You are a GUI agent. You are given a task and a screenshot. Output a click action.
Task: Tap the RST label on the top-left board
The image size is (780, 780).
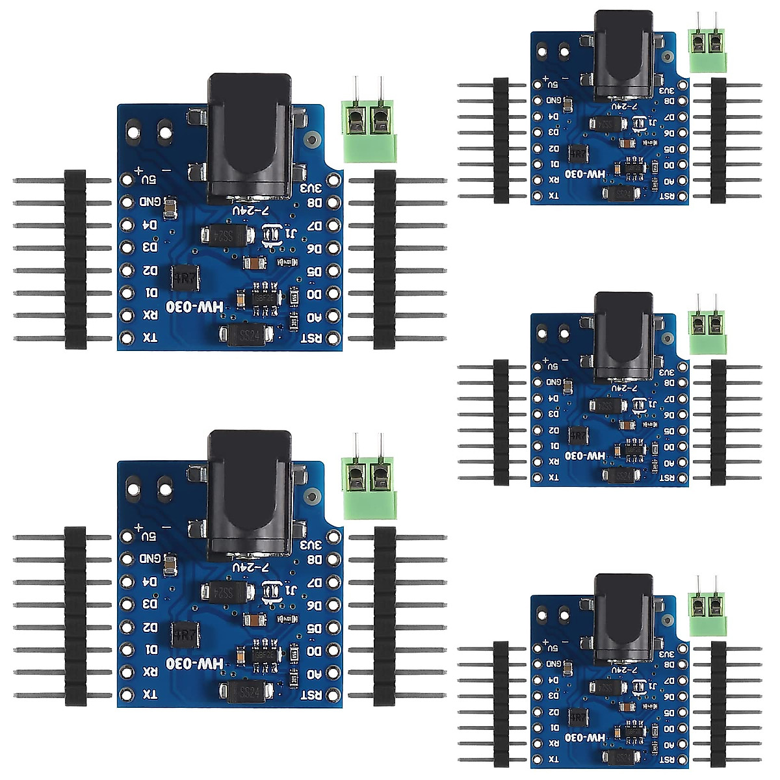312,338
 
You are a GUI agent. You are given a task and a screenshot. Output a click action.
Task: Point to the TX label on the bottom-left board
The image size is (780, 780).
149,694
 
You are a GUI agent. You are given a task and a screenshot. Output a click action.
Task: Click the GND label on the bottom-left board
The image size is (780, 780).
149,558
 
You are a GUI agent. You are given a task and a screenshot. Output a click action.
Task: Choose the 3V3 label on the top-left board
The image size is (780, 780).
312,188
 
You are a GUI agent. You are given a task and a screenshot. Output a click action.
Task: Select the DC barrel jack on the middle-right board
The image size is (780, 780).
623,335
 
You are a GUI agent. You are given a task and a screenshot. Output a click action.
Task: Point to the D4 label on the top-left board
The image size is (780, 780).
149,225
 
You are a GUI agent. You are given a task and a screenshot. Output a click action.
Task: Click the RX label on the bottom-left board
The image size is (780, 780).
149,671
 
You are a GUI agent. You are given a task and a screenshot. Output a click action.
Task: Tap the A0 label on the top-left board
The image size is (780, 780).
314,317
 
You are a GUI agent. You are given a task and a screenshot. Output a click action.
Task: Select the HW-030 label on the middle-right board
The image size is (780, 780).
585,456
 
